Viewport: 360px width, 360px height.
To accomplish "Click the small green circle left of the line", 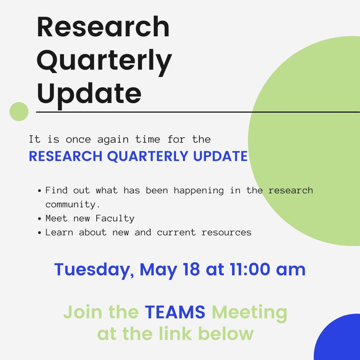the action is click(x=19, y=112).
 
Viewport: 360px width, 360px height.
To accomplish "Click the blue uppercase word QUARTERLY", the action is click(x=148, y=157).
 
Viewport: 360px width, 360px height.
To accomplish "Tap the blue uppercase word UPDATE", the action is click(x=220, y=156).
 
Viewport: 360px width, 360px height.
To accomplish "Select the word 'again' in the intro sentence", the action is click(x=113, y=140).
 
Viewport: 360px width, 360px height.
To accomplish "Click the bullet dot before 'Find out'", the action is click(x=39, y=191).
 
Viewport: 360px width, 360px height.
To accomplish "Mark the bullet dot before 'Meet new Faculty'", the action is click(x=39, y=219).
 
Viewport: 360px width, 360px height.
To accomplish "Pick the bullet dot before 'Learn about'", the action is click(x=39, y=233).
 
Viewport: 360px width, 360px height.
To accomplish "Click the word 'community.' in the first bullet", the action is click(x=73, y=205).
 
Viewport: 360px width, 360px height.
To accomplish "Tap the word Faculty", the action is click(x=115, y=219).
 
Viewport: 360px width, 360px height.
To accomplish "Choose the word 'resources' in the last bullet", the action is click(x=227, y=233).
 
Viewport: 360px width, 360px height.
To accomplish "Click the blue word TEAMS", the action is click(x=175, y=312).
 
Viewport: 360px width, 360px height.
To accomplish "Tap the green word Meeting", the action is click(x=249, y=314).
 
